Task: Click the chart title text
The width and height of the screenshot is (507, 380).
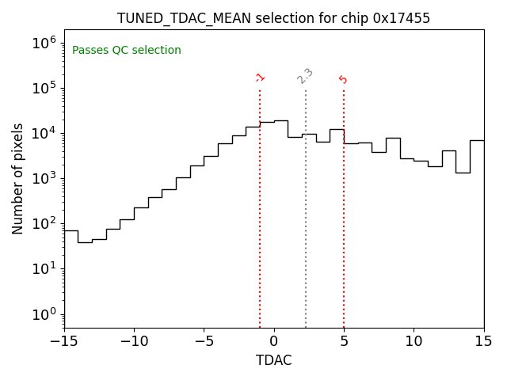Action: (x=273, y=18)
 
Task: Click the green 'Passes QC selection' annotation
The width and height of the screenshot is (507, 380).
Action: (x=127, y=51)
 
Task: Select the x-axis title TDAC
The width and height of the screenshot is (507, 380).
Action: (x=273, y=360)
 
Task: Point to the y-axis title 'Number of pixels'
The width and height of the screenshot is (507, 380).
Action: (x=18, y=178)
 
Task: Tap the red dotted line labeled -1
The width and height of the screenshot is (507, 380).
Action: (x=260, y=206)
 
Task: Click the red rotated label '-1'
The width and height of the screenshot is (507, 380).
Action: (x=260, y=78)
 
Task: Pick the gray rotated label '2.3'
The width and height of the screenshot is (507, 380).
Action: (x=305, y=75)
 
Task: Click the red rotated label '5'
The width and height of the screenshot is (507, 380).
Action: (x=343, y=79)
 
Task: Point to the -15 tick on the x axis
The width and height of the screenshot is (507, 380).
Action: (x=64, y=341)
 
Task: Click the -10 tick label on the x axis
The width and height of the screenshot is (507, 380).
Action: (x=134, y=341)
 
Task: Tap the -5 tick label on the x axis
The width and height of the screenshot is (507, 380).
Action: (x=204, y=341)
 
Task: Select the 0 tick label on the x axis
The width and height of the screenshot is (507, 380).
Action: (x=274, y=341)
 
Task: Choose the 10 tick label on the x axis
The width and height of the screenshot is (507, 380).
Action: (x=414, y=341)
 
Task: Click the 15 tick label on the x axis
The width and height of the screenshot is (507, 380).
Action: (x=483, y=341)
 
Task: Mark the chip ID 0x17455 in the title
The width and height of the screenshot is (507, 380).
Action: (x=402, y=18)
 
